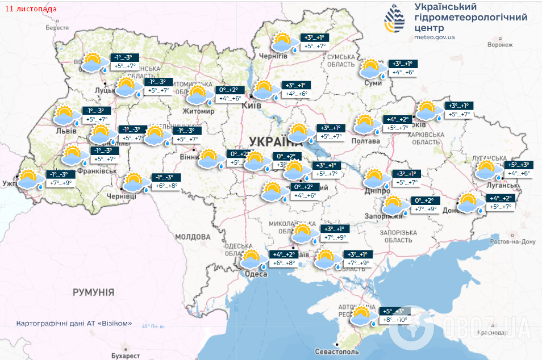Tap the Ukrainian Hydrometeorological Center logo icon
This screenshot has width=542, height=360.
coord(396,20)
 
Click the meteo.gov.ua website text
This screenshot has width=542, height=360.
coord(435,37)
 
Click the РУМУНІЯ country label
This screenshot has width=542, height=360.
coord(93,292)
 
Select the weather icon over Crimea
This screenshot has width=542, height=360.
coord(361,316)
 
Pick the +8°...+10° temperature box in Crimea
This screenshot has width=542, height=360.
coord(395,320)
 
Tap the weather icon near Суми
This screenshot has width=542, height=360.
coord(371,69)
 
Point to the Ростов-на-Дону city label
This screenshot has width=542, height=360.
coord(515,242)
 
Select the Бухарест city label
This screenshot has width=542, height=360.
coord(126,355)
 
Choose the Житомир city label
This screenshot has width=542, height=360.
coord(198,111)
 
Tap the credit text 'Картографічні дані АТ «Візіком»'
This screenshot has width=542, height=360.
coord(74,323)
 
